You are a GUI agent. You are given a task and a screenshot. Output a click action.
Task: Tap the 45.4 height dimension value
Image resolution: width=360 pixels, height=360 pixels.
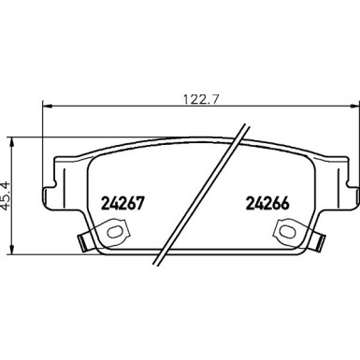[x=7, y=194]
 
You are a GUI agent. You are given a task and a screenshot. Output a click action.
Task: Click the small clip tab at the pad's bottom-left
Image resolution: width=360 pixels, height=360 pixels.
[x=83, y=246]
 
